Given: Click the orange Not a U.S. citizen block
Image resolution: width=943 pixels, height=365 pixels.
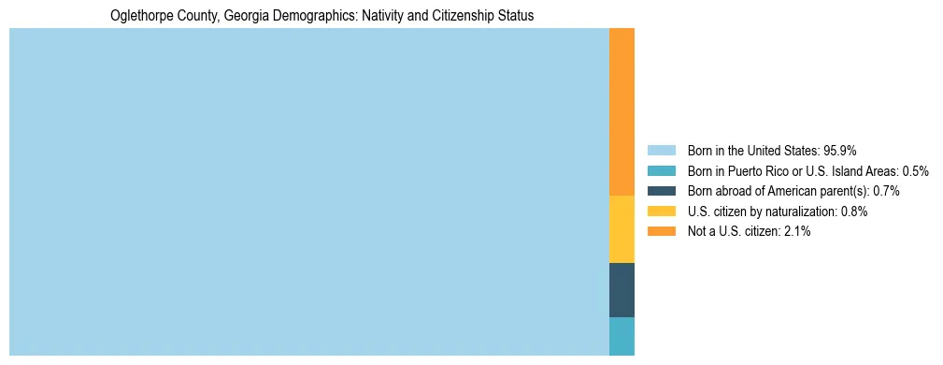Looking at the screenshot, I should click(622, 111).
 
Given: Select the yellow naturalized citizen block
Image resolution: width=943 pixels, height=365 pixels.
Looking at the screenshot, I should click(622, 229).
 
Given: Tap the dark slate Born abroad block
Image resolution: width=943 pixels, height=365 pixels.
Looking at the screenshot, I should click(622, 290).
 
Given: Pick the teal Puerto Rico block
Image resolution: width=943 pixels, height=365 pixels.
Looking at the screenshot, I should click(622, 336).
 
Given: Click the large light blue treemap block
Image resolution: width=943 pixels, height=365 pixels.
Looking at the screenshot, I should click(308, 192).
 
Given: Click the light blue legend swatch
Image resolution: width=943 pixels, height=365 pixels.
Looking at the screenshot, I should click(661, 150).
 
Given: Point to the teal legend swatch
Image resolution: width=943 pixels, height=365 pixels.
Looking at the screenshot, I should click(661, 170).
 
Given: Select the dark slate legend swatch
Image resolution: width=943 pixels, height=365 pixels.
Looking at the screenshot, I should click(661, 191).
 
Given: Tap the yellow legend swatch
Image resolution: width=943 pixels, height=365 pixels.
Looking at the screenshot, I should click(661, 212).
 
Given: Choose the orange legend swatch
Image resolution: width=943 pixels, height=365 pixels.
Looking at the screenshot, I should click(661, 231).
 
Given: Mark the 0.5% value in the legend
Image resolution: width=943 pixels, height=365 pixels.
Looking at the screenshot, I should click(915, 170).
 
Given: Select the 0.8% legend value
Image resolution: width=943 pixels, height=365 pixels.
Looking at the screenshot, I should click(854, 212).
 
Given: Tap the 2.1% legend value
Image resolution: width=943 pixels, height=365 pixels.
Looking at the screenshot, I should click(797, 231).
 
